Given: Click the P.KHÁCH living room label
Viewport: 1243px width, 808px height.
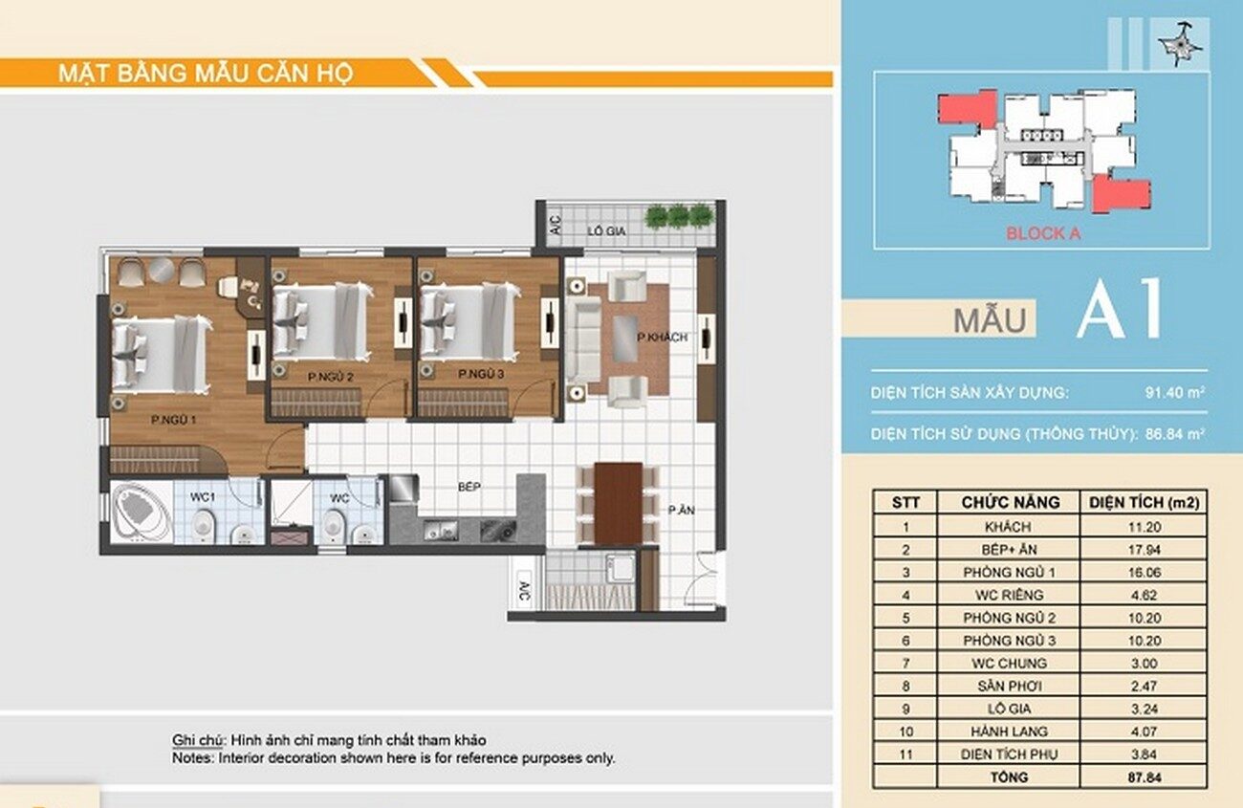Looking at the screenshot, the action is pyautogui.click(x=662, y=337).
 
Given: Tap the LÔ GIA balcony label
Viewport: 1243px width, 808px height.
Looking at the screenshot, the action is pyautogui.click(x=607, y=230).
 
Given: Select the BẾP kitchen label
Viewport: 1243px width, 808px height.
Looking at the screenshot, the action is pyautogui.click(x=469, y=487).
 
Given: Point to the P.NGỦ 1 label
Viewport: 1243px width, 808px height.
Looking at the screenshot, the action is pyautogui.click(x=174, y=420).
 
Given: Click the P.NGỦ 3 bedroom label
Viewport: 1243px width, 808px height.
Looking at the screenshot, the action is pyautogui.click(x=481, y=375).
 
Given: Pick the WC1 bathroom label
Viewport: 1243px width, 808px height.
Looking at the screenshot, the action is pyautogui.click(x=203, y=497).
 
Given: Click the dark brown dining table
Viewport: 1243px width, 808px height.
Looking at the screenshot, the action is pyautogui.click(x=619, y=503).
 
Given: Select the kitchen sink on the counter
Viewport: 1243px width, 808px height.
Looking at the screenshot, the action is pyautogui.click(x=441, y=531).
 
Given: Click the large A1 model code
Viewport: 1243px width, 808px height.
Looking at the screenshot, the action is pyautogui.click(x=1119, y=309).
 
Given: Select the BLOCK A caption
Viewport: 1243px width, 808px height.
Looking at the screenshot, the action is pyautogui.click(x=1043, y=233).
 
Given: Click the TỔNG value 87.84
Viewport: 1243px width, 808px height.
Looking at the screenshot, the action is pyautogui.click(x=1145, y=777).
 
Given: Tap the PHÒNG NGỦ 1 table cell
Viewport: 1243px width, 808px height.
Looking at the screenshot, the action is pyautogui.click(x=1009, y=572).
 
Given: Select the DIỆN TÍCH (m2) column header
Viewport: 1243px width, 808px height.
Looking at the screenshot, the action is pyautogui.click(x=1145, y=503).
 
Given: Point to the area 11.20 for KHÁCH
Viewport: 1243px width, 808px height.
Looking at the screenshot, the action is pyautogui.click(x=1145, y=527).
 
